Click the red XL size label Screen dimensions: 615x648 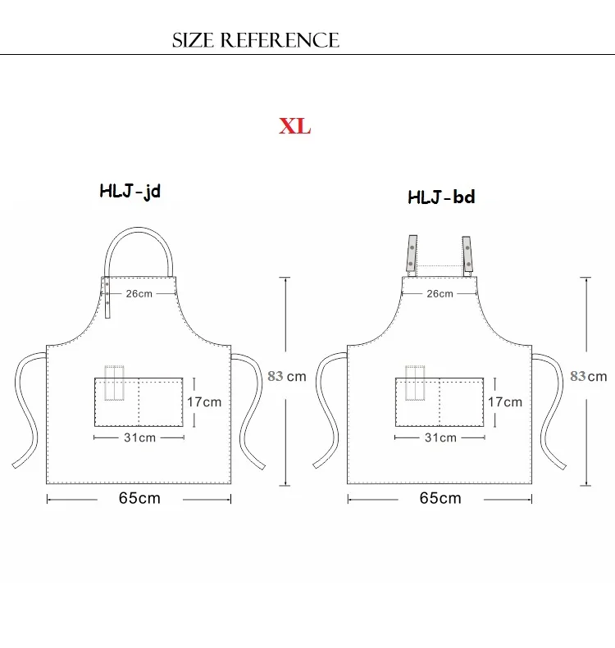pos(294,126)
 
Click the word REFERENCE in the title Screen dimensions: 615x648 pos(280,40)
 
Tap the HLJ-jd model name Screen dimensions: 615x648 pos(130,192)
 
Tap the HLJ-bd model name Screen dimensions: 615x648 pos(441,197)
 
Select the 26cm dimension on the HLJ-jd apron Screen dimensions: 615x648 pos(139,293)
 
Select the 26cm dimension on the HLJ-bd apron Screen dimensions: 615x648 pos(440,293)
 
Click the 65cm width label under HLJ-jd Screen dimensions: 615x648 pos(139,498)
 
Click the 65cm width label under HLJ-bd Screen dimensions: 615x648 pos(440,498)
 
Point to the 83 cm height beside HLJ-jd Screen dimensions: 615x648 pos(287,376)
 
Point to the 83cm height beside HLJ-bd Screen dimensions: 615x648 pos(589,376)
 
